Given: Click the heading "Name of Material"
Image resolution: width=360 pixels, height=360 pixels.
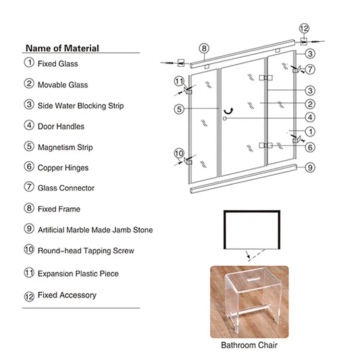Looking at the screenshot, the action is click(x=62, y=48).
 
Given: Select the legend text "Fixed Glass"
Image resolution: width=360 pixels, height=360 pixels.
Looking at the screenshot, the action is click(x=58, y=64).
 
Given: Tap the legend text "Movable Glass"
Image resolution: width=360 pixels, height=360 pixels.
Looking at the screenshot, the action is click(x=63, y=85).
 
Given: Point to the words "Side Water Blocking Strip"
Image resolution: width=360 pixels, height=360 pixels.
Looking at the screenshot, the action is click(x=81, y=106).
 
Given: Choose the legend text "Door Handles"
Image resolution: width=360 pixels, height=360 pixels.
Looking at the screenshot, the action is click(x=61, y=127).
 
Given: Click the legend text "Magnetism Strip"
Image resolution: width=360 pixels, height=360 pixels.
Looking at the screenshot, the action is click(x=65, y=147).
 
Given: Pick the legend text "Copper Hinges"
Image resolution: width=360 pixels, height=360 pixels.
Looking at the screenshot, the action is click(x=63, y=168).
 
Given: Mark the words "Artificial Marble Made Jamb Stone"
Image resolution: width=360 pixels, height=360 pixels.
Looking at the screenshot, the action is click(x=95, y=230).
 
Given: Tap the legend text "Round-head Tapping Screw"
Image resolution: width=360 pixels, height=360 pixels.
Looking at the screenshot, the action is click(x=86, y=251).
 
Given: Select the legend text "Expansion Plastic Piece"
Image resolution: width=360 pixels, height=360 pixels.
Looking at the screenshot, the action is click(x=78, y=274).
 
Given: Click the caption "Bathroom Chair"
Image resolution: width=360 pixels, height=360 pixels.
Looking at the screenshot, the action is click(x=249, y=345).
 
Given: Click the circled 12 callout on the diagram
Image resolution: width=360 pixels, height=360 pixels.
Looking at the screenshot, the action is click(x=304, y=28).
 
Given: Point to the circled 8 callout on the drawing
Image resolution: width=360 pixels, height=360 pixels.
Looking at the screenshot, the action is click(x=204, y=48).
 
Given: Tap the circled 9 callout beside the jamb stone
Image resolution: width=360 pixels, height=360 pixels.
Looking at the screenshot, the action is click(x=310, y=168).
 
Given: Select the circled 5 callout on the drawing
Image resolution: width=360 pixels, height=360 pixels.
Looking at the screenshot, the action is click(x=179, y=109).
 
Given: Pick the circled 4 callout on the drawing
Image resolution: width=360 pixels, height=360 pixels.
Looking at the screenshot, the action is click(x=310, y=117).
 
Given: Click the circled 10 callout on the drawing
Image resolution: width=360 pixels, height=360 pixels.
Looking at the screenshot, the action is click(x=179, y=153).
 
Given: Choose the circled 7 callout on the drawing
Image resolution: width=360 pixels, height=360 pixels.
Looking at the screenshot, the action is click(x=310, y=70).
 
